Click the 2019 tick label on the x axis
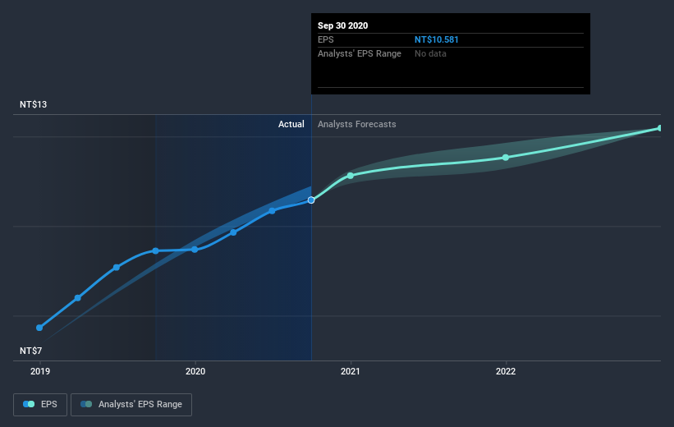[x=39, y=371]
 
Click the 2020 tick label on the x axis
[x=195, y=371]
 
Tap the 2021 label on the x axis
[x=351, y=371]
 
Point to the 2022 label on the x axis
[x=506, y=371]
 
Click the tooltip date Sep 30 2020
[x=343, y=25]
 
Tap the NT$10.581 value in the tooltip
[x=442, y=39]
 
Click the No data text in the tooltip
[x=430, y=53]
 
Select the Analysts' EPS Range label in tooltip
[x=359, y=53]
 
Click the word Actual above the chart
[x=291, y=124]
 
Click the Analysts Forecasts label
[x=357, y=124]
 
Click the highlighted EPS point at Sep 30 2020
[x=311, y=200]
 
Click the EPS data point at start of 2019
[x=39, y=328]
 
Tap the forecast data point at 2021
[x=351, y=176]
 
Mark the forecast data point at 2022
[x=506, y=158]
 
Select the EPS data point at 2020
[x=195, y=250]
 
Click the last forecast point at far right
[x=659, y=128]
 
